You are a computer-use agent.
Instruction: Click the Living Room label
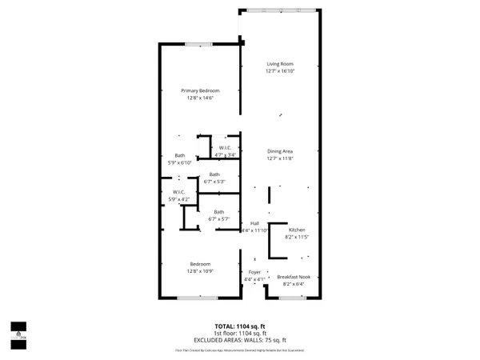click(x=280, y=63)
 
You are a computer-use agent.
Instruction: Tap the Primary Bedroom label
click(x=199, y=90)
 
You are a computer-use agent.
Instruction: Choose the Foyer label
click(x=254, y=272)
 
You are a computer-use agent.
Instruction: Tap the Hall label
click(x=254, y=223)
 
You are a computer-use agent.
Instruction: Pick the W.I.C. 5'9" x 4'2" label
click(x=178, y=192)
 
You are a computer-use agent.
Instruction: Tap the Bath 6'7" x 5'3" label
click(x=214, y=174)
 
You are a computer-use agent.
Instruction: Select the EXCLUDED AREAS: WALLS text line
click(x=240, y=340)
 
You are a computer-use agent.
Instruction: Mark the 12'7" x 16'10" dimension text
click(x=280, y=71)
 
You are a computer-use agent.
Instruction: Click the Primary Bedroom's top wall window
click(x=198, y=43)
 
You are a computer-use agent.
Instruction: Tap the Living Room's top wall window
click(x=280, y=10)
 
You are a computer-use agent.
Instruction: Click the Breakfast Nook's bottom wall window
click(x=290, y=298)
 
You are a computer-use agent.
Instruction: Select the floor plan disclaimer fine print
click(x=240, y=350)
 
